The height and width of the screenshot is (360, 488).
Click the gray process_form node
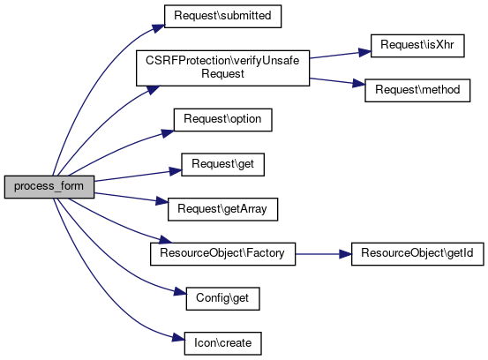pyautogui.click(x=49, y=187)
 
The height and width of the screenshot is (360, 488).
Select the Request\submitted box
pyautogui.click(x=222, y=16)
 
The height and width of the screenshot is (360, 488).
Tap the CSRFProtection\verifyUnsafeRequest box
pyautogui.click(x=223, y=68)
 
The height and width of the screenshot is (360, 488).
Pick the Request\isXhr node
pyautogui.click(x=417, y=46)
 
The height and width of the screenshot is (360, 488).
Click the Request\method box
pyautogui.click(x=417, y=90)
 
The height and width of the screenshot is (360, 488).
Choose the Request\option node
pyautogui.click(x=223, y=120)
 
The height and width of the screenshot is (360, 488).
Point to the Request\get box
pyautogui.click(x=223, y=165)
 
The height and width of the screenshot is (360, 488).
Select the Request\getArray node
pyautogui.click(x=223, y=209)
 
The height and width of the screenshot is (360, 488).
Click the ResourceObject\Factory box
pyautogui.click(x=223, y=254)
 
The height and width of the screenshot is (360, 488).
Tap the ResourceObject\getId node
pyautogui.click(x=417, y=254)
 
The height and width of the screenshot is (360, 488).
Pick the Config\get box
pyautogui.click(x=223, y=299)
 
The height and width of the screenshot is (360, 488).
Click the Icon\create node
pyautogui.click(x=223, y=343)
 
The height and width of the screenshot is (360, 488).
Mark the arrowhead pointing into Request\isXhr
pyautogui.click(x=364, y=52)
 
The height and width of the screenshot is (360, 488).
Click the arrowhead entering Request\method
pyautogui.click(x=359, y=84)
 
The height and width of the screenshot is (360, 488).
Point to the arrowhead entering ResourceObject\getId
pyautogui.click(x=345, y=254)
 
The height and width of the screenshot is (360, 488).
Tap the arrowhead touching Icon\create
pyautogui.click(x=178, y=338)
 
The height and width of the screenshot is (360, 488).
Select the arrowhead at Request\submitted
pyautogui.click(x=159, y=28)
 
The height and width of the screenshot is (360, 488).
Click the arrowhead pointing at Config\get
pyautogui.click(x=180, y=292)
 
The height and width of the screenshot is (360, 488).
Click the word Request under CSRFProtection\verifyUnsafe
pyautogui.click(x=223, y=74)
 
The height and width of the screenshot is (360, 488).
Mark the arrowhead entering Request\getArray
pyautogui.click(x=161, y=201)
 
